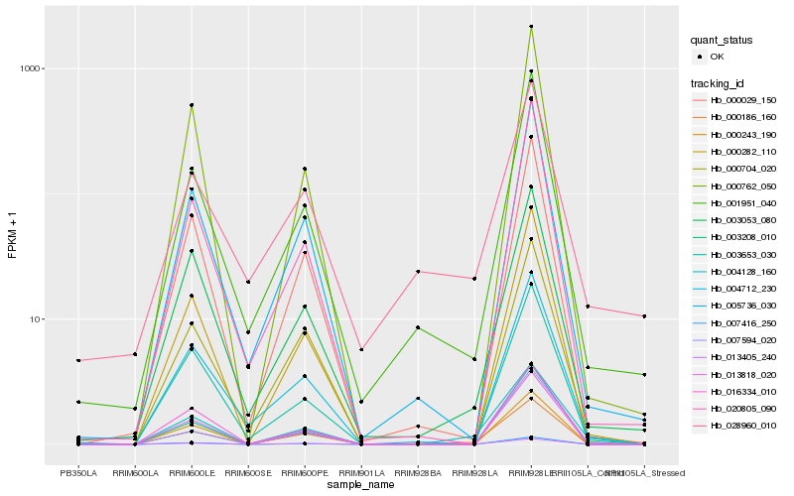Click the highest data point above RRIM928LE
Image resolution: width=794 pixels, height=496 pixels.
pyautogui.click(x=531, y=27)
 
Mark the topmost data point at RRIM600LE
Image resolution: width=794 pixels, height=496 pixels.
pyautogui.click(x=192, y=105)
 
